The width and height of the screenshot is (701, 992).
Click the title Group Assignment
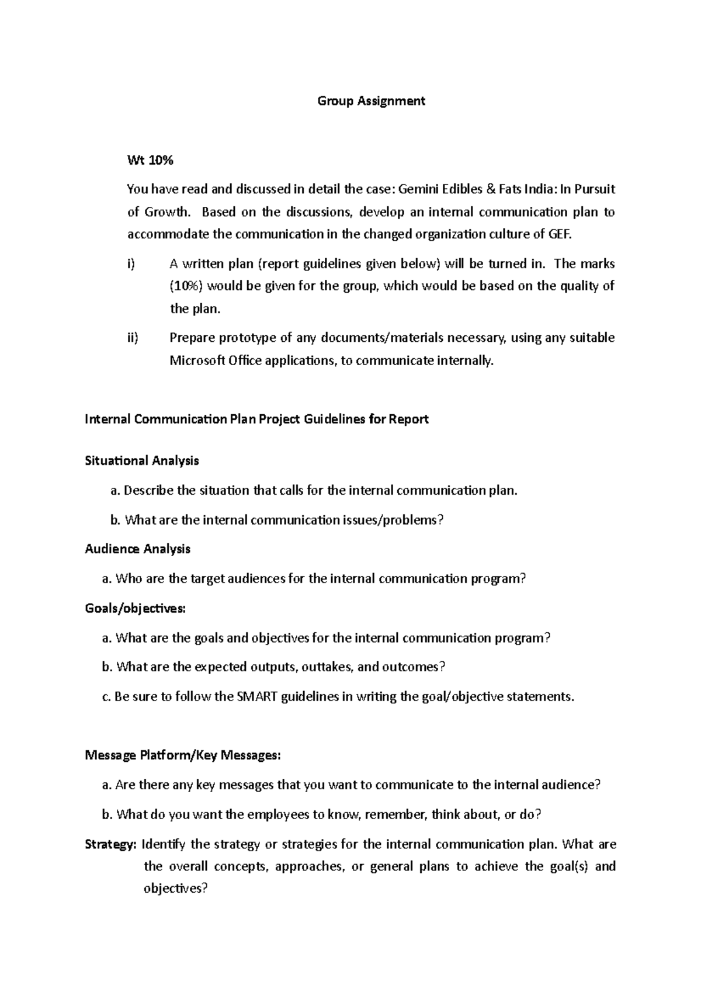coord(371,101)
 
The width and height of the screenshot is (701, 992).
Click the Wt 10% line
coord(150,159)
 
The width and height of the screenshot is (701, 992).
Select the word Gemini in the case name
coord(418,189)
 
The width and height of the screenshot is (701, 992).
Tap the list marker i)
coord(131,264)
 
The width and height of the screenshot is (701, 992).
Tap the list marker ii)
coord(133,338)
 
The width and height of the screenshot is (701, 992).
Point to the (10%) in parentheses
coord(187,286)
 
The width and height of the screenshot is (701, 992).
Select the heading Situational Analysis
coord(142,461)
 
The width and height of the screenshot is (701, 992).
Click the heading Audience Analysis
coord(137,549)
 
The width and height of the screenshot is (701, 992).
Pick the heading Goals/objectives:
coord(135,608)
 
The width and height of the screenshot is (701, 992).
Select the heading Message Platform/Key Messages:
coord(183,755)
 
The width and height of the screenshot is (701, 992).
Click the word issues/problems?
coord(393,520)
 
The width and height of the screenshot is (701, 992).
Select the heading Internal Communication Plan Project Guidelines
coord(257,419)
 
